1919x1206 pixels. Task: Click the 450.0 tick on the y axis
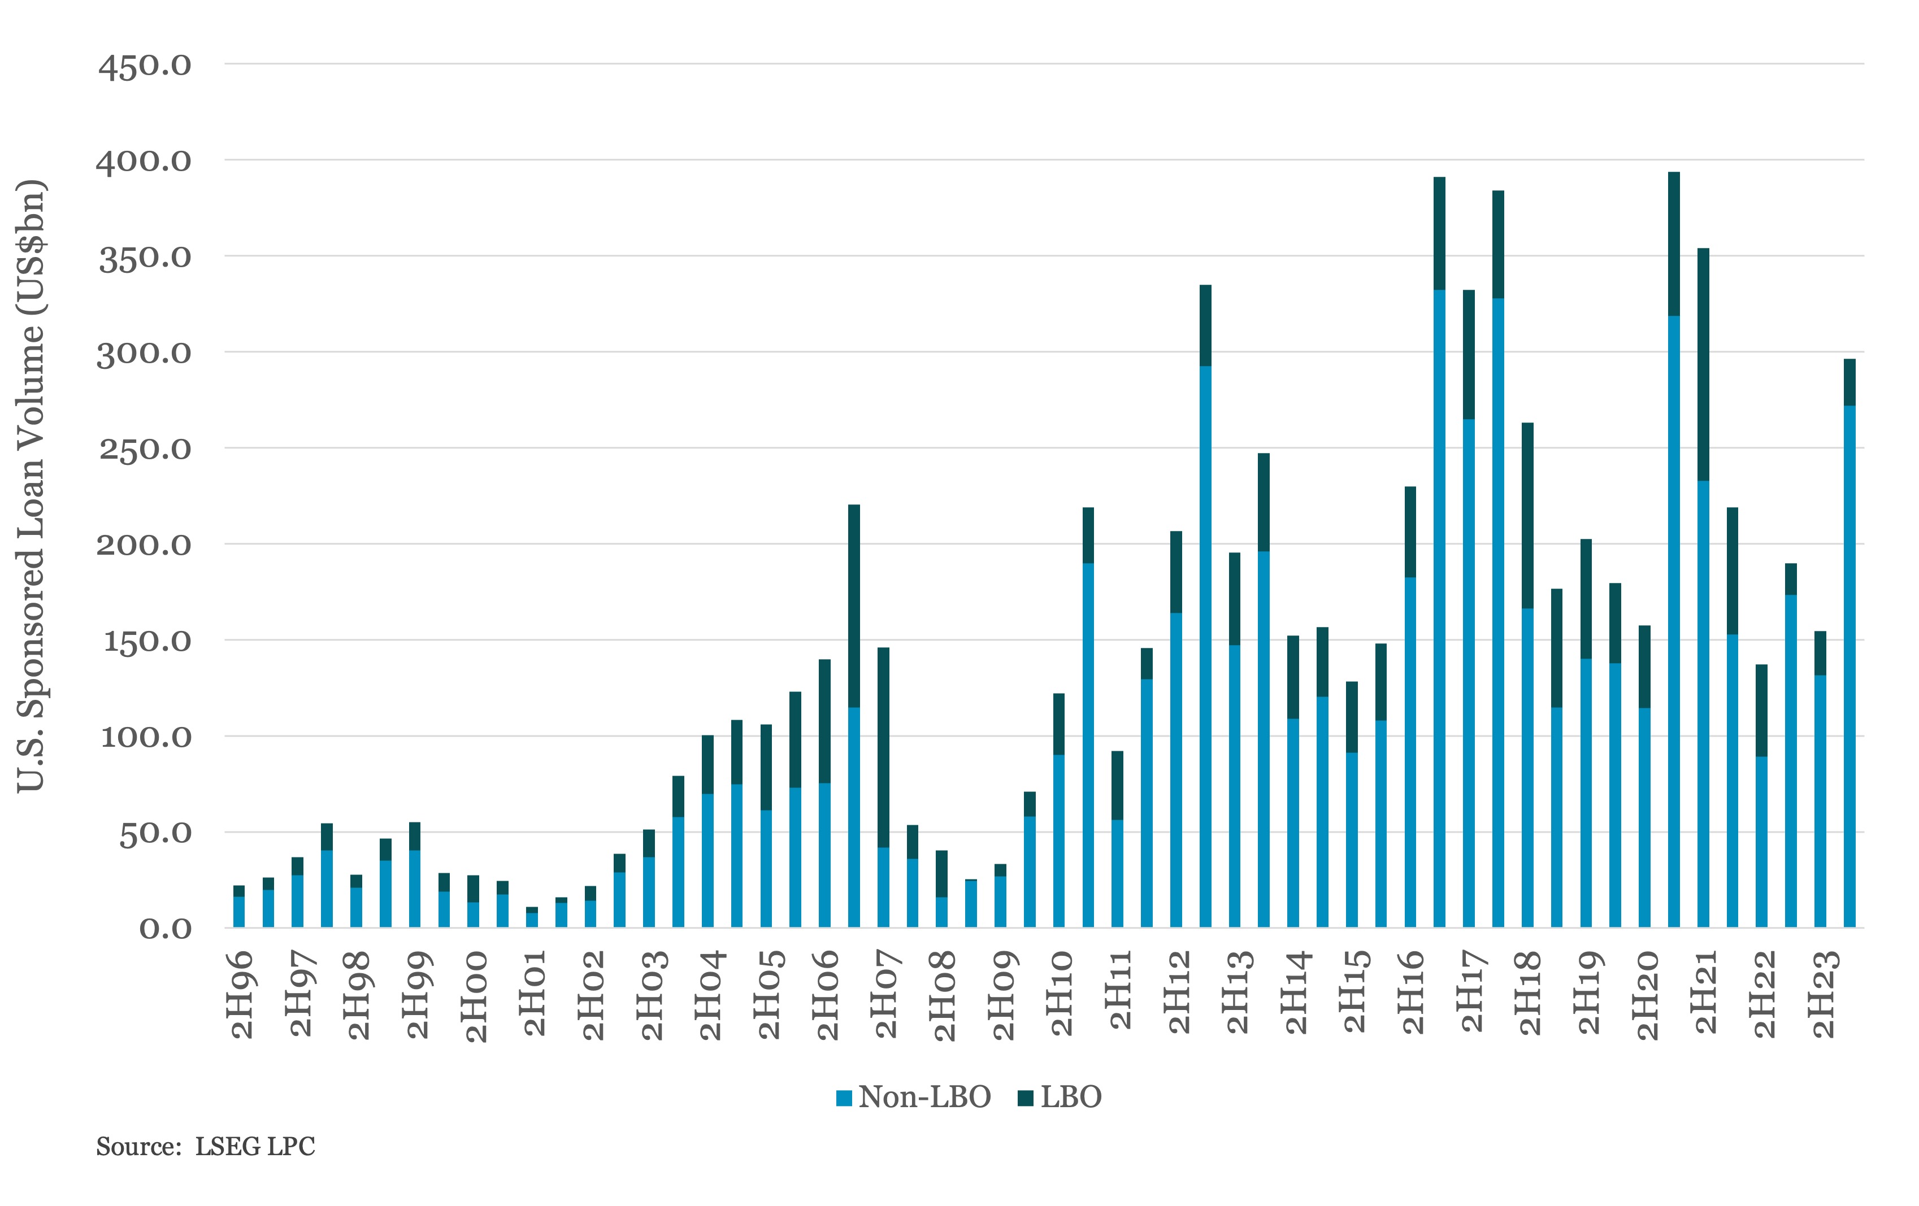pos(144,66)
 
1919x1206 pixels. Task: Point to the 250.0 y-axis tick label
pos(144,449)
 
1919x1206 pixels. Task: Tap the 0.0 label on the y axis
pos(166,929)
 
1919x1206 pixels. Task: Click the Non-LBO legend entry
pos(914,1098)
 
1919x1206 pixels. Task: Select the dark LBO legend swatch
pos(1026,1099)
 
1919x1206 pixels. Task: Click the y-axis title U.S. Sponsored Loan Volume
pos(32,486)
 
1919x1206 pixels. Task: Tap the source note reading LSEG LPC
pos(206,1147)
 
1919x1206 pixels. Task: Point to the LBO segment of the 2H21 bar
pos(1704,364)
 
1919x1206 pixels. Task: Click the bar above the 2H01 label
pos(532,917)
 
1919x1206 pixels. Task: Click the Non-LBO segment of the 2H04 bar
pos(707,860)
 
